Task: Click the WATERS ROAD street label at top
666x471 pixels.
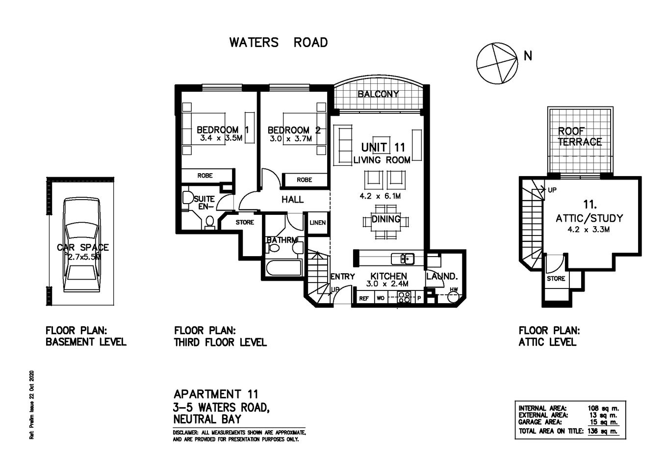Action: [x=278, y=43]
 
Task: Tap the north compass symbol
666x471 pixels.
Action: [x=497, y=63]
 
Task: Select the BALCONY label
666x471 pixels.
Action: [x=378, y=94]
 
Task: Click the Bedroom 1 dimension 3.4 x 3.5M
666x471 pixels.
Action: [x=221, y=138]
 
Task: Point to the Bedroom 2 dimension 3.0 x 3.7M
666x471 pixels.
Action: [x=291, y=139]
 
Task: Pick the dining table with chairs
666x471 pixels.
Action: [x=386, y=222]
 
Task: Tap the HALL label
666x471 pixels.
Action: [x=292, y=200]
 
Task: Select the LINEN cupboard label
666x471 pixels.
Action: [x=317, y=223]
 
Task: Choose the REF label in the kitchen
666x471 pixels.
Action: [x=364, y=298]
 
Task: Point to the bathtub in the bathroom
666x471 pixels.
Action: [x=283, y=269]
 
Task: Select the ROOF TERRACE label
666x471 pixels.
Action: [x=579, y=137]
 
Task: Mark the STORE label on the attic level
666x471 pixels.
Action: [x=556, y=279]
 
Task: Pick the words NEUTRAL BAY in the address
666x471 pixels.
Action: [x=207, y=419]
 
